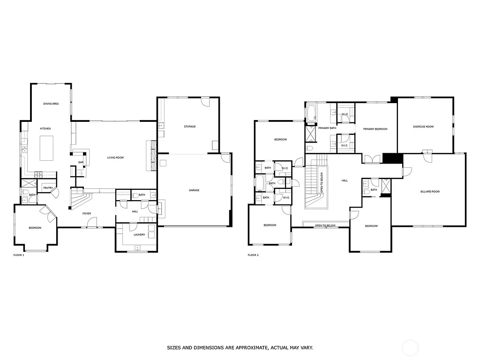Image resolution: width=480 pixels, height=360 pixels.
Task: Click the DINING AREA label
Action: tap(51, 104)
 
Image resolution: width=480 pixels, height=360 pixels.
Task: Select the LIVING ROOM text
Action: tap(115, 157)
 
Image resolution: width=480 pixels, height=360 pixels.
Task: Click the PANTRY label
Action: tap(48, 188)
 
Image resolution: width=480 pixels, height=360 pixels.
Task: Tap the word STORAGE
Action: tap(189, 127)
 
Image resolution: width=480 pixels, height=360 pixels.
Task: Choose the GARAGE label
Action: tap(194, 190)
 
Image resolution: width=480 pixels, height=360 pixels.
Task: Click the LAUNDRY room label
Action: tap(139, 234)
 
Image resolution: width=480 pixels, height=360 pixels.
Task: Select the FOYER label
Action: tap(87, 213)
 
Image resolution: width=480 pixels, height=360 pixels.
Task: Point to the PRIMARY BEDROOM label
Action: tap(375, 129)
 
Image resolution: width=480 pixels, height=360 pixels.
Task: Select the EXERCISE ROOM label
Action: tap(423, 127)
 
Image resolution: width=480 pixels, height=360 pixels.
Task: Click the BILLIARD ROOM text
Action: tap(429, 191)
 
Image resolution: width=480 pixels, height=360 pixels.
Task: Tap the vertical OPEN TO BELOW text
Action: tap(322, 183)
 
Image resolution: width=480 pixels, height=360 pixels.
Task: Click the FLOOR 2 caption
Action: tap(253, 255)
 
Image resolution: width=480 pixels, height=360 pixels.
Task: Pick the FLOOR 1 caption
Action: tap(19, 255)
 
